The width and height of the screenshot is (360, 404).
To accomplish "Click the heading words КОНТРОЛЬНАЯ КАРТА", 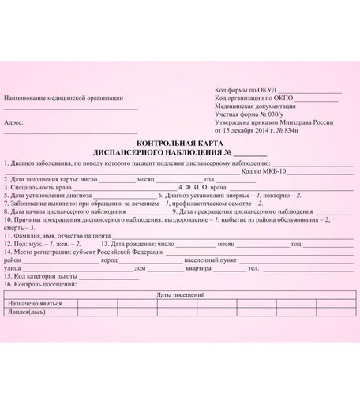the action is [171, 144].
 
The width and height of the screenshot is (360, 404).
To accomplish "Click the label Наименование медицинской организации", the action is [63, 99].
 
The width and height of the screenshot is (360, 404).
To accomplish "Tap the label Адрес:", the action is [13, 123].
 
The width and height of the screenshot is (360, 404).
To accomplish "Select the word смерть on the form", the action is [14, 227].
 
